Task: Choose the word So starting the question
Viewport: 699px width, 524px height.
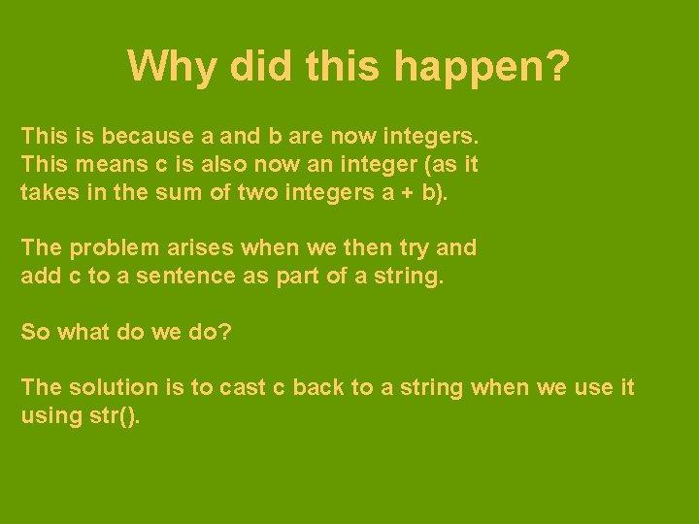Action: [36, 332]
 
